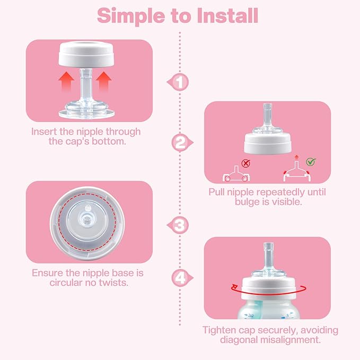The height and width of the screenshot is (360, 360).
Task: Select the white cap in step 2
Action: pyautogui.click(x=269, y=143)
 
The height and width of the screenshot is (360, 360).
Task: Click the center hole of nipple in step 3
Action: pyautogui.click(x=88, y=218)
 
